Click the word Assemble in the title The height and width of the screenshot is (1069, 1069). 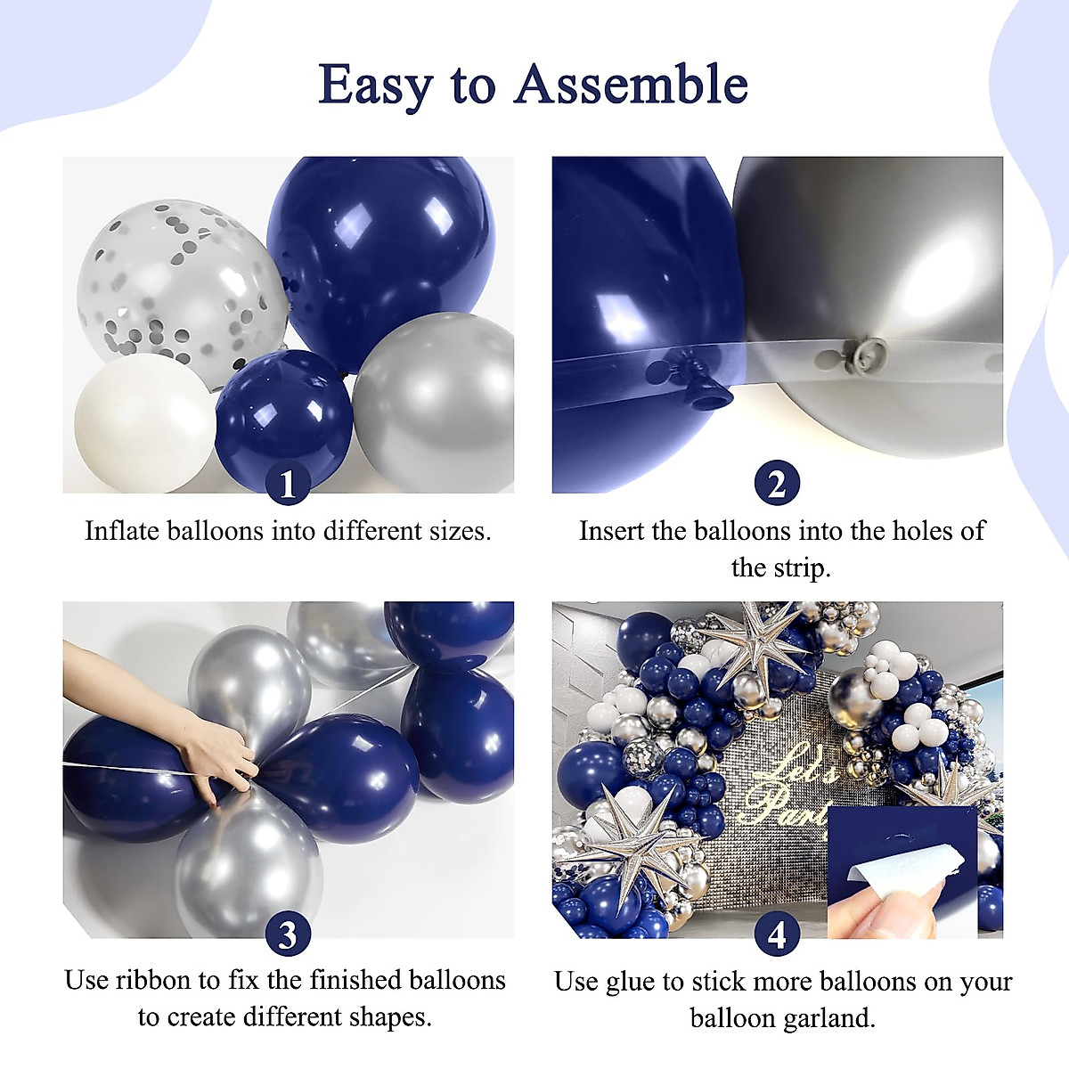[631, 86]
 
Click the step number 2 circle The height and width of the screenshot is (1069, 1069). [777, 484]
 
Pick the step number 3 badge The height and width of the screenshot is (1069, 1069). [287, 934]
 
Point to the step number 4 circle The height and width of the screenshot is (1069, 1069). [777, 934]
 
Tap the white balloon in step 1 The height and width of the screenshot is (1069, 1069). [143, 423]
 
